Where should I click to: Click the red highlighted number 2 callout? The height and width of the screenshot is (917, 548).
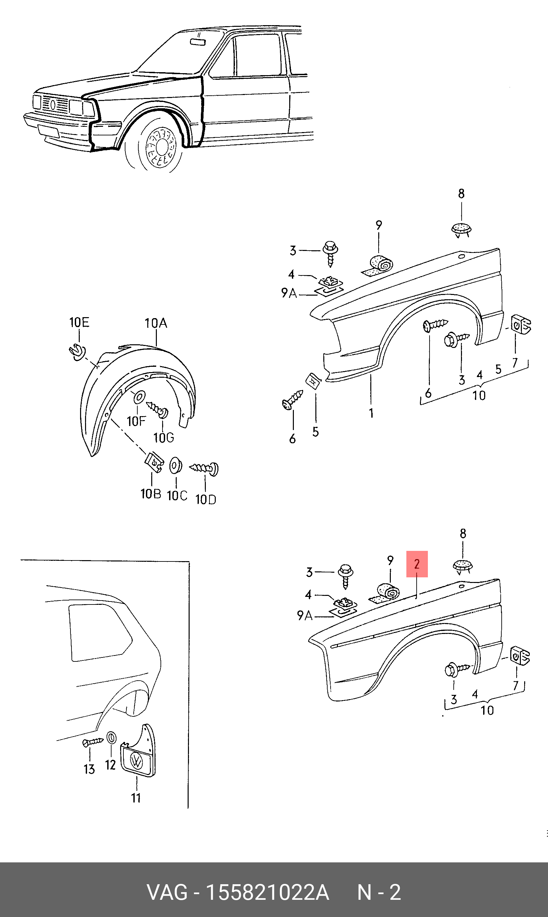417,564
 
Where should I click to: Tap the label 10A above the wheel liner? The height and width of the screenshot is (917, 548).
156,323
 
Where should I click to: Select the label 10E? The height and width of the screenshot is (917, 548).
79,322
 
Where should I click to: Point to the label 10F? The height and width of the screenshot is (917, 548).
136,421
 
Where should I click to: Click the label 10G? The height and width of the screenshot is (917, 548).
163,438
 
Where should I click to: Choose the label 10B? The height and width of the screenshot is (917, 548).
151,494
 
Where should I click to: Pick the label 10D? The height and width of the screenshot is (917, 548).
206,500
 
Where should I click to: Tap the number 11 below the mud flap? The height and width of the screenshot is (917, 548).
136,798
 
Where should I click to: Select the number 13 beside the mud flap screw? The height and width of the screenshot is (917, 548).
89,769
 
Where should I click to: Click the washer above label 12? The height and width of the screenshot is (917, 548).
111,738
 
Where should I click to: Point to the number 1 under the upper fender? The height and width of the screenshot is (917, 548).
371,413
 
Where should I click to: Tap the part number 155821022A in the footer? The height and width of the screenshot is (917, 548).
267,893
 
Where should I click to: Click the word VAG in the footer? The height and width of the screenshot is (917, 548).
167,893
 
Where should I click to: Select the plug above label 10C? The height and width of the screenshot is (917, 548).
175,466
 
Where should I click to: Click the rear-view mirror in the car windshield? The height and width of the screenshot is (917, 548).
198,42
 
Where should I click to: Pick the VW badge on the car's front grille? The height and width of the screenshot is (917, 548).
53,105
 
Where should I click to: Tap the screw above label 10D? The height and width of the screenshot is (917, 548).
204,469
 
